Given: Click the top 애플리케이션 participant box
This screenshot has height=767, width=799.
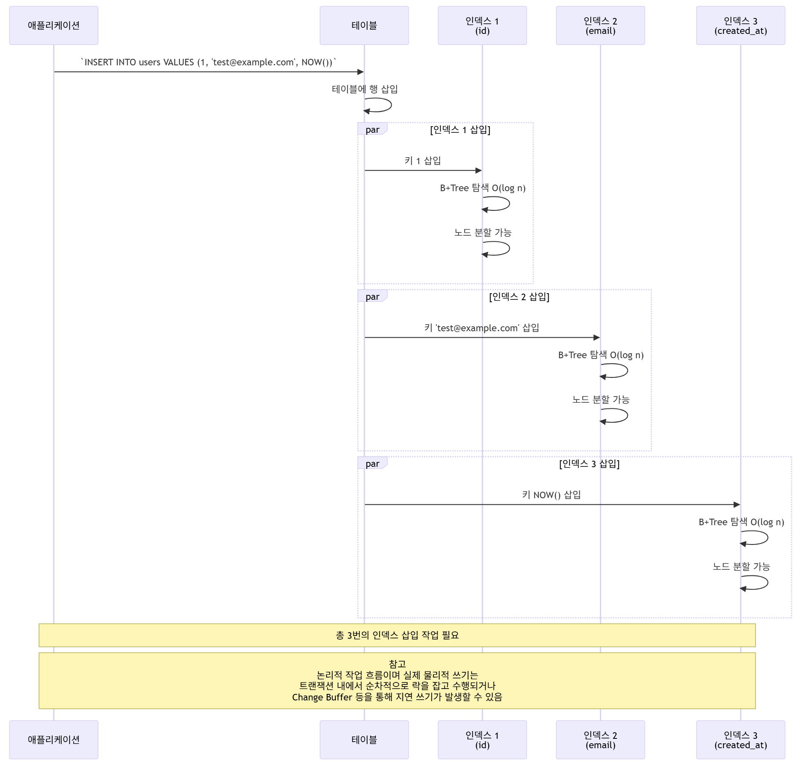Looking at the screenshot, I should click(x=54, y=25).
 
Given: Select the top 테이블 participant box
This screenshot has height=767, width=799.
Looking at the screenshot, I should click(x=364, y=25).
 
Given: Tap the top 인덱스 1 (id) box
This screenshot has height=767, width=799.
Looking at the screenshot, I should click(x=482, y=25).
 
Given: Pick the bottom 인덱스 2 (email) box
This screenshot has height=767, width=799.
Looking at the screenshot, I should click(x=600, y=740).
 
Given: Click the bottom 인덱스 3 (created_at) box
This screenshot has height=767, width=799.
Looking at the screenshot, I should click(x=740, y=740).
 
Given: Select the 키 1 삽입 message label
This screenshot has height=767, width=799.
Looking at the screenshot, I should click(x=422, y=161).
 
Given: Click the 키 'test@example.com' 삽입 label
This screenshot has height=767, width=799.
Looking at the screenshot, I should click(x=482, y=328).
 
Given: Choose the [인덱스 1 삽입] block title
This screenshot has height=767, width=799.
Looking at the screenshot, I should click(x=460, y=130).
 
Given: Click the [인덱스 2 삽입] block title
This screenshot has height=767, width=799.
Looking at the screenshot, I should click(x=519, y=297).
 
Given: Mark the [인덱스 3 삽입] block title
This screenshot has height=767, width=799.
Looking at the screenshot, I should click(x=589, y=464).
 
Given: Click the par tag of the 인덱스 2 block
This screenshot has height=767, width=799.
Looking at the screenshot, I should click(x=372, y=297).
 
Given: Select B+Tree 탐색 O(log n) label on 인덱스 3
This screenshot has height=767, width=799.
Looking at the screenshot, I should click(x=741, y=522).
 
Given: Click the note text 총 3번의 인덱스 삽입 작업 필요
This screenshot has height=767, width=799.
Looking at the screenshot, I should click(x=397, y=635).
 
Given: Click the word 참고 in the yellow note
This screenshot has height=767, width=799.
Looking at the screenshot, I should click(x=397, y=664).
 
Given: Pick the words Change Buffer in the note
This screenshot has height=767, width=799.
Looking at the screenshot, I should click(x=322, y=697).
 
